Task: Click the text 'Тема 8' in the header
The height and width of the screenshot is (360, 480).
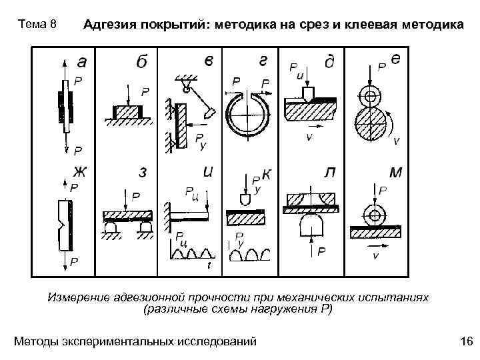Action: (40, 25)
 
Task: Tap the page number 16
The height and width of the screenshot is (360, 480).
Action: (467, 342)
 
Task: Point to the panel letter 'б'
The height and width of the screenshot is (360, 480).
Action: (141, 62)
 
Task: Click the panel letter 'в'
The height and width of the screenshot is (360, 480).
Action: (209, 61)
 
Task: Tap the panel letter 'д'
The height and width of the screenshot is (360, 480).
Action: (329, 62)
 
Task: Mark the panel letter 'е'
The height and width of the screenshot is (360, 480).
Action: (395, 59)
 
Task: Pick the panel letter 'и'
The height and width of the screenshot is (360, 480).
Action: (208, 172)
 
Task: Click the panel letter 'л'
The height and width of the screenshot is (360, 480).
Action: (329, 173)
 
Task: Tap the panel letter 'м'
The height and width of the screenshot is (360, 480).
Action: (395, 173)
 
